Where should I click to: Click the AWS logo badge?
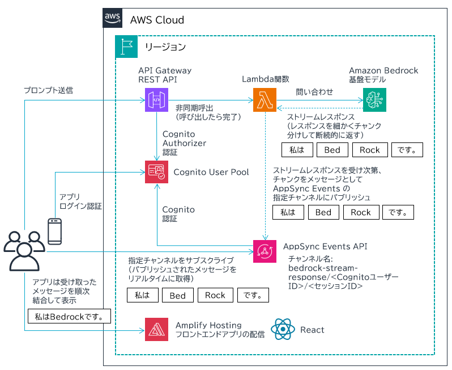[x=112, y=18]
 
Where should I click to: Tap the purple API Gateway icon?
[x=156, y=100]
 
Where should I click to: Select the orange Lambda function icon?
[x=265, y=100]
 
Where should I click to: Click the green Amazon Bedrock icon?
[x=374, y=100]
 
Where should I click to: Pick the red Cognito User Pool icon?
[x=156, y=172]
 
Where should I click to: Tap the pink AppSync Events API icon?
[x=265, y=251]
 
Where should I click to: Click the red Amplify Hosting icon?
[x=156, y=330]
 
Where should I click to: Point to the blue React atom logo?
[x=283, y=329]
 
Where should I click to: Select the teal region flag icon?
[x=126, y=47]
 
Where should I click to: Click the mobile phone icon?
[x=55, y=232]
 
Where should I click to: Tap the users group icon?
[x=24, y=251]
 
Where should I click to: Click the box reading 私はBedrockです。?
[x=69, y=316]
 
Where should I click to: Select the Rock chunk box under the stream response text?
[x=370, y=150]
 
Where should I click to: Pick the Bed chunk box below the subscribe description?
[x=178, y=295]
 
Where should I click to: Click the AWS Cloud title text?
[x=157, y=20]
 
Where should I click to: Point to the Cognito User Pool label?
[x=211, y=172]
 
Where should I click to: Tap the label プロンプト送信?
[x=48, y=90]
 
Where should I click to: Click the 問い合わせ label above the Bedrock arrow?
[x=314, y=92]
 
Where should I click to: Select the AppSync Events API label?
[x=325, y=246]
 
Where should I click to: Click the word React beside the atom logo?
[x=312, y=330]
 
